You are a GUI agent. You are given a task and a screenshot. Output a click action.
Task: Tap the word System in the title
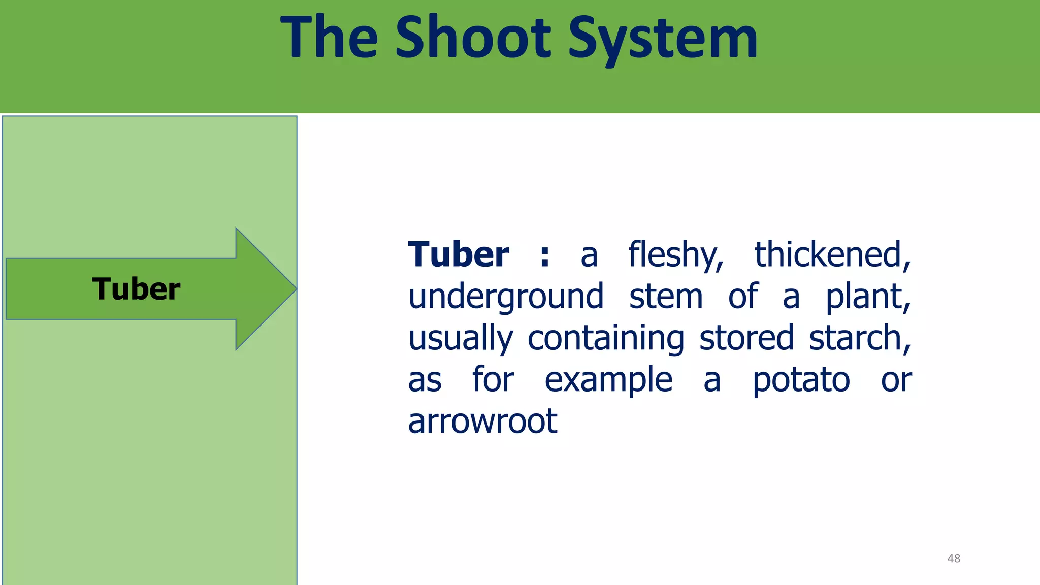pyautogui.click(x=663, y=39)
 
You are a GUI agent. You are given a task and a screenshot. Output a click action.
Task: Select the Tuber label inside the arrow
pyautogui.click(x=136, y=289)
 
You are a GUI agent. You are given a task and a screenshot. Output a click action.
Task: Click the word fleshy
pyautogui.click(x=675, y=255)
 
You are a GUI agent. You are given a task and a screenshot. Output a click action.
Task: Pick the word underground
pyautogui.click(x=506, y=298)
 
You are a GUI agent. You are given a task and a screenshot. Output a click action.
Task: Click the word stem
pyautogui.click(x=666, y=297)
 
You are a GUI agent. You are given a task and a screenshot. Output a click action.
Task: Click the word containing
pyautogui.click(x=606, y=339)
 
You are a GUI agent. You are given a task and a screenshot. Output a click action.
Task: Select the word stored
pyautogui.click(x=746, y=338)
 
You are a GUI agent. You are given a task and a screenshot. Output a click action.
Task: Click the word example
pyautogui.click(x=608, y=381)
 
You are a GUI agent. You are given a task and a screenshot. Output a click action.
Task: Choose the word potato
pyautogui.click(x=801, y=381)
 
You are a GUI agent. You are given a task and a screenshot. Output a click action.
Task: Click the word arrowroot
pyautogui.click(x=482, y=421)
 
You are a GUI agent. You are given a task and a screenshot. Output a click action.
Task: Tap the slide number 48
pyautogui.click(x=954, y=558)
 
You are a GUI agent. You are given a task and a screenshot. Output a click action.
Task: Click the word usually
pyautogui.click(x=461, y=339)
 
